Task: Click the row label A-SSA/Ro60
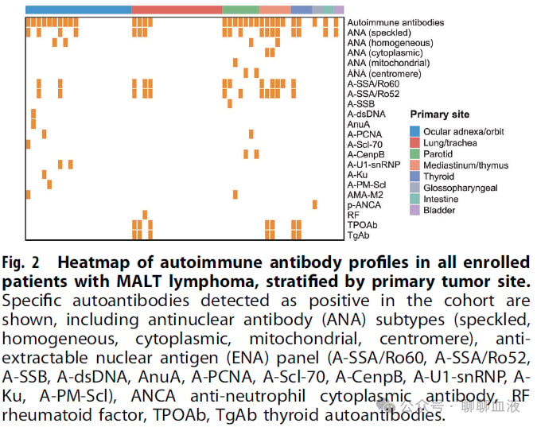point(373,84)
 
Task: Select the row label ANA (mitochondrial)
point(388,63)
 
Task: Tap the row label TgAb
point(358,235)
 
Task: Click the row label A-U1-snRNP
point(374,165)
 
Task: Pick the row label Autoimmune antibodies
point(395,22)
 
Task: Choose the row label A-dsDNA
point(367,114)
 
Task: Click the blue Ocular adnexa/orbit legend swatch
point(414,131)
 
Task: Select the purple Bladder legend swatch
point(414,210)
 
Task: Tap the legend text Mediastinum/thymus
point(465,165)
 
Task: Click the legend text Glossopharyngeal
point(461,188)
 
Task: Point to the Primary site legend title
point(440,115)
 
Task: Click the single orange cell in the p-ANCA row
point(315,205)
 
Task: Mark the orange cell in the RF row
point(145,215)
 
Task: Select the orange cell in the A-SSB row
point(230,103)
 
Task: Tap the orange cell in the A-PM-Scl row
point(49,184)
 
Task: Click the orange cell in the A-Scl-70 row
point(28,144)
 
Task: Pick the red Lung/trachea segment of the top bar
point(177,10)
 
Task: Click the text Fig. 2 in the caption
point(21,263)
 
